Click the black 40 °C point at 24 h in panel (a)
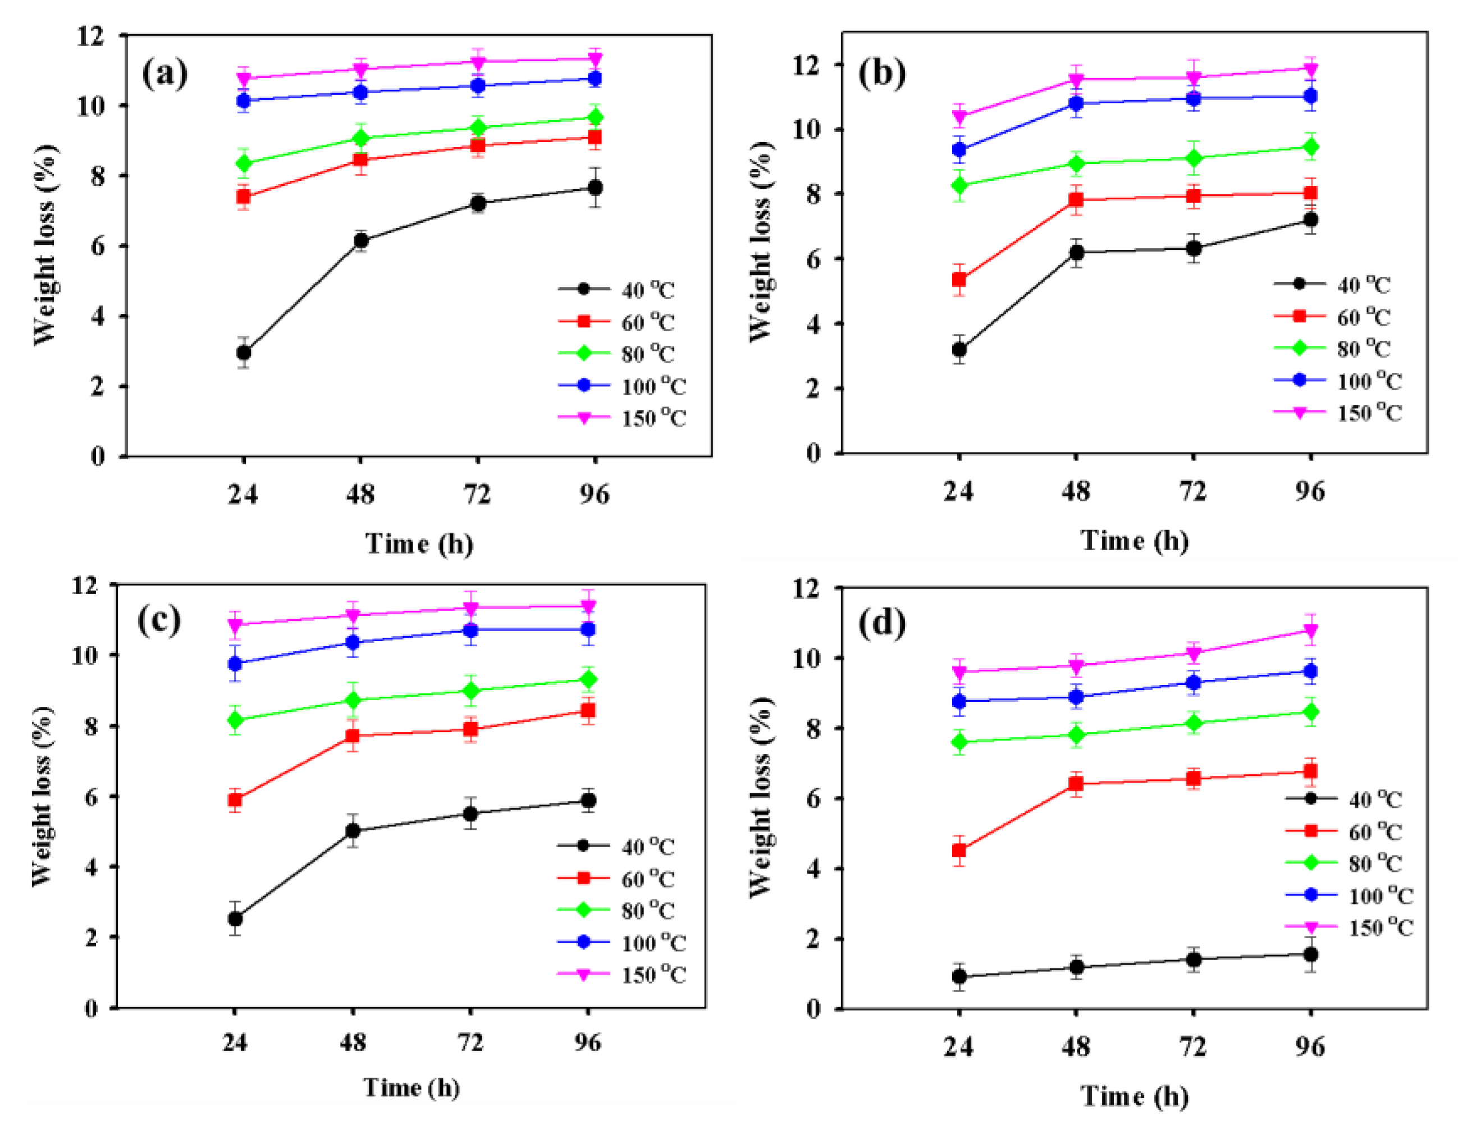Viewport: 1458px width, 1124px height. tap(244, 353)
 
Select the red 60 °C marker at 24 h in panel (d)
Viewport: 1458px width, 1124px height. tap(959, 851)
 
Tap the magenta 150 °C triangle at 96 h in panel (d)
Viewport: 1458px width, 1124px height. tap(1310, 630)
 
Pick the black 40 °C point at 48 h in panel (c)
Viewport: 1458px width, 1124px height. tap(353, 831)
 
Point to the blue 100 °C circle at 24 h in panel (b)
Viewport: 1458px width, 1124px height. tap(959, 149)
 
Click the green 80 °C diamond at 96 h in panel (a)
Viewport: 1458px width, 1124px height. tap(595, 118)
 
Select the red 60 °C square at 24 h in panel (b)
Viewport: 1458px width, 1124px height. tap(959, 280)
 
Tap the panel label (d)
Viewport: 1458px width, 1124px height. tap(881, 623)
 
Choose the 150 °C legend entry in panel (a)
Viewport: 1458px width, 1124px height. tap(621, 418)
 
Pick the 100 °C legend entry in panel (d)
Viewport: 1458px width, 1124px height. tap(1349, 895)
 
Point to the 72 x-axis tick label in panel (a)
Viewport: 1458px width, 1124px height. tap(477, 495)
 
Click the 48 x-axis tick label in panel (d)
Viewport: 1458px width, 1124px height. tap(1076, 1047)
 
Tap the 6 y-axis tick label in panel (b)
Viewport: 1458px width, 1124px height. tap(813, 259)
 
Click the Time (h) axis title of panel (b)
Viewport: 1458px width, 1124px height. tap(1134, 540)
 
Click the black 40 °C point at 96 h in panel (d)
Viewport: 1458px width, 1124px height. tap(1310, 954)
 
